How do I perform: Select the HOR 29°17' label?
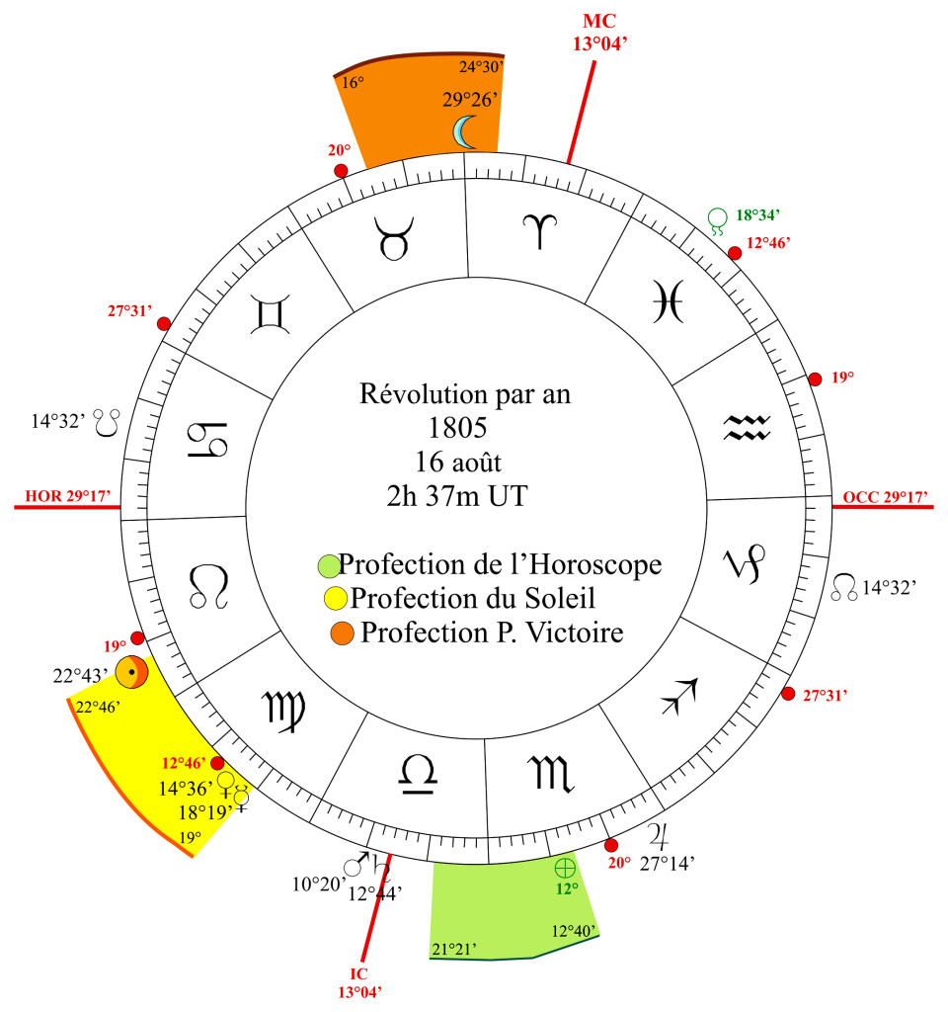[68, 496]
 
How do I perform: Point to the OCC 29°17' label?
[886, 497]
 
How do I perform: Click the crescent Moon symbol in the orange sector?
[465, 131]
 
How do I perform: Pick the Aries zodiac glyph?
[539, 231]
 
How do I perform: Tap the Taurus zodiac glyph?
[394, 238]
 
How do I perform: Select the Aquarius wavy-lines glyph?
[747, 427]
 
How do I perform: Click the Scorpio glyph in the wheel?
[551, 773]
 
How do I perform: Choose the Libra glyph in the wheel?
[418, 775]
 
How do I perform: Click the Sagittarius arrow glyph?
[680, 697]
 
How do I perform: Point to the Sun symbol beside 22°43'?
[131, 672]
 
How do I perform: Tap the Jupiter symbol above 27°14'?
[659, 836]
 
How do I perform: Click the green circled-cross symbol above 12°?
[565, 868]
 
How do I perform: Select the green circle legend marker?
[329, 566]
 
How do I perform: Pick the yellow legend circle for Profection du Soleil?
[336, 598]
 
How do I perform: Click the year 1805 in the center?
[458, 427]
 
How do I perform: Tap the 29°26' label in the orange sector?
[470, 100]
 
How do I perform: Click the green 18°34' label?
[758, 214]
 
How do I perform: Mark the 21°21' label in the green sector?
[454, 949]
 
